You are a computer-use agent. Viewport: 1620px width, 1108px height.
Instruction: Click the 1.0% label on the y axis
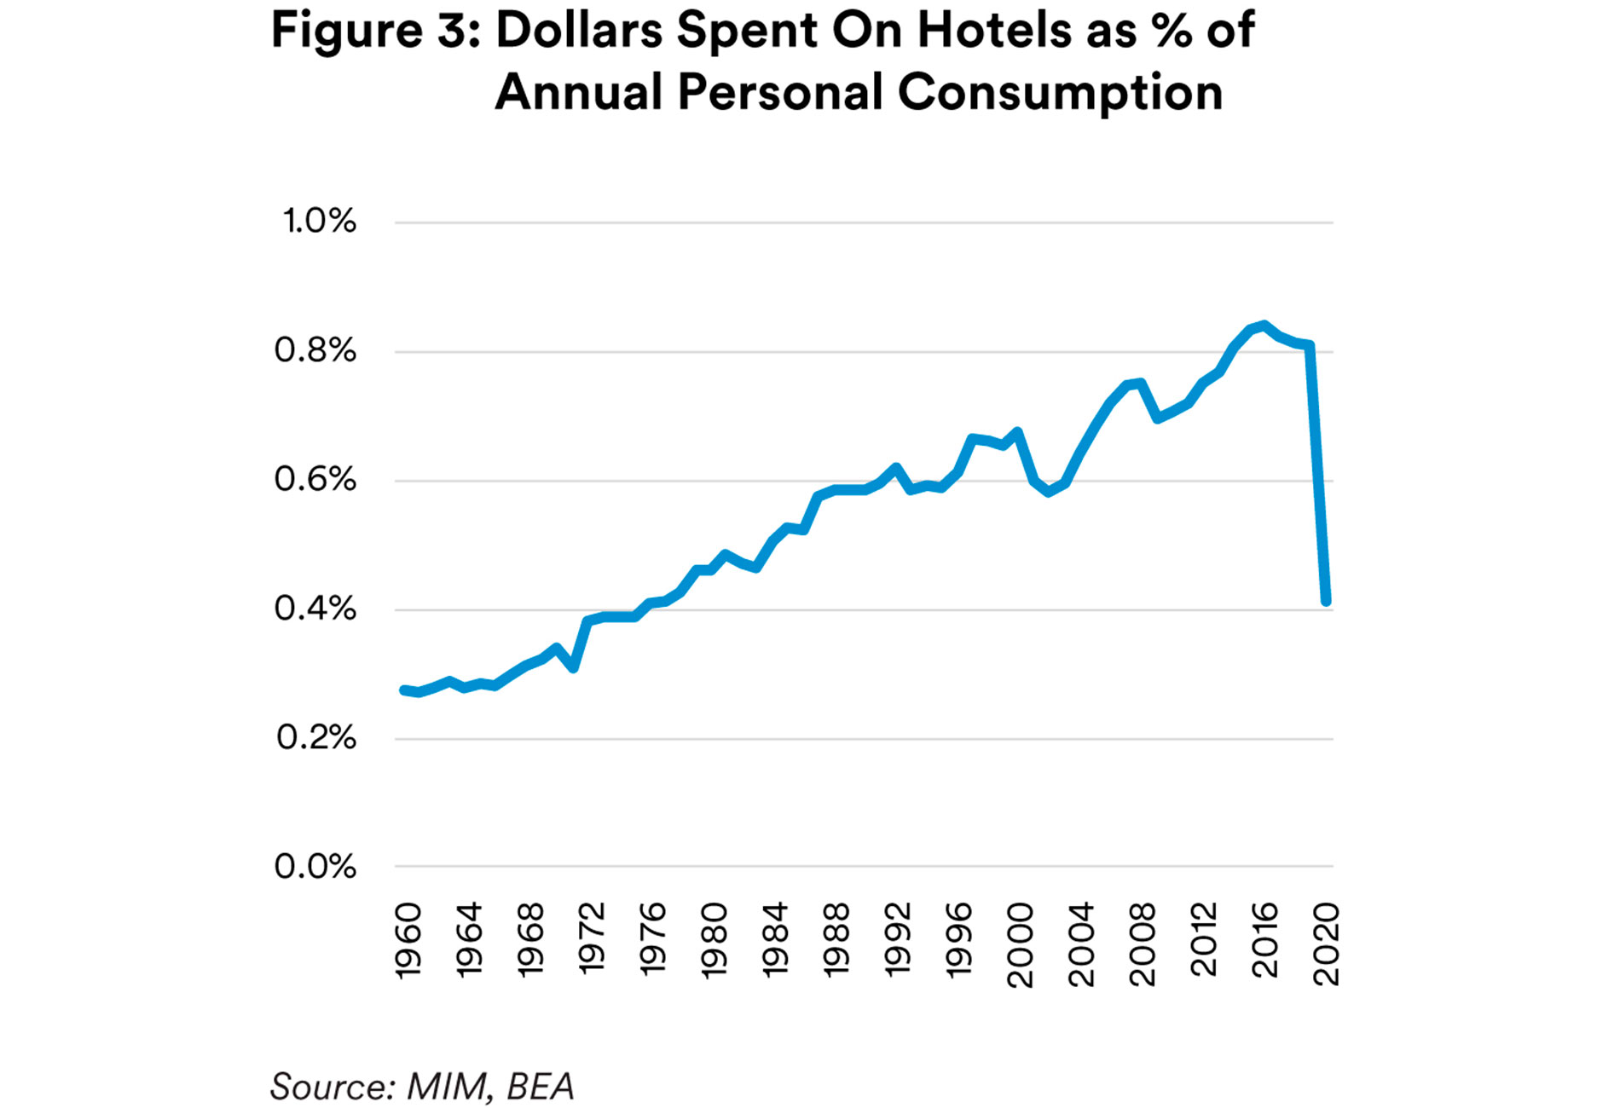tap(319, 222)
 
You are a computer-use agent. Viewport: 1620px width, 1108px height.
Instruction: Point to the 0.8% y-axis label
tap(315, 350)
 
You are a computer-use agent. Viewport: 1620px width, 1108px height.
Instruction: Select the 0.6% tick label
tap(315, 480)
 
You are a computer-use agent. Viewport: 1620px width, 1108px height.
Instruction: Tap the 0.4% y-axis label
tap(315, 609)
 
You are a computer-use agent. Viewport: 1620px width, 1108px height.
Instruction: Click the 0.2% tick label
tap(316, 738)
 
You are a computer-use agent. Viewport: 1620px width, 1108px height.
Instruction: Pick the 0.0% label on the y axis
tap(315, 867)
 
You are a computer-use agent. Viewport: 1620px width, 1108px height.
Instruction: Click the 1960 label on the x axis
tap(409, 940)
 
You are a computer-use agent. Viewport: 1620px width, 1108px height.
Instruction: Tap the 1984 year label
tap(775, 940)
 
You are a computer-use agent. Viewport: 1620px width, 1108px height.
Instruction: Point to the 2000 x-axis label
tap(1020, 945)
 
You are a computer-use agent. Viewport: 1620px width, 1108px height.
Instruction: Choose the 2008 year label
tap(1142, 945)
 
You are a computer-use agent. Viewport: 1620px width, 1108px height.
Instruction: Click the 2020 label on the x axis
tap(1326, 945)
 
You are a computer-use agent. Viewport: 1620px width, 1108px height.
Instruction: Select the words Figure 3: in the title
tap(376, 31)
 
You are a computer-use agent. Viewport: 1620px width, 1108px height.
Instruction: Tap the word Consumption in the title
tap(1060, 92)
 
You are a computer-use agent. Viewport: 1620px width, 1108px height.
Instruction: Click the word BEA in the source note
tap(541, 1087)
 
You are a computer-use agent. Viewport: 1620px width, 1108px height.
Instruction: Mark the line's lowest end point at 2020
tap(1326, 601)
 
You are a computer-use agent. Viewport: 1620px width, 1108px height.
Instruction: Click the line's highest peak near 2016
tap(1264, 326)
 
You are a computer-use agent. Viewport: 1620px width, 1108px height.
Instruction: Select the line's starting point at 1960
tap(404, 690)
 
